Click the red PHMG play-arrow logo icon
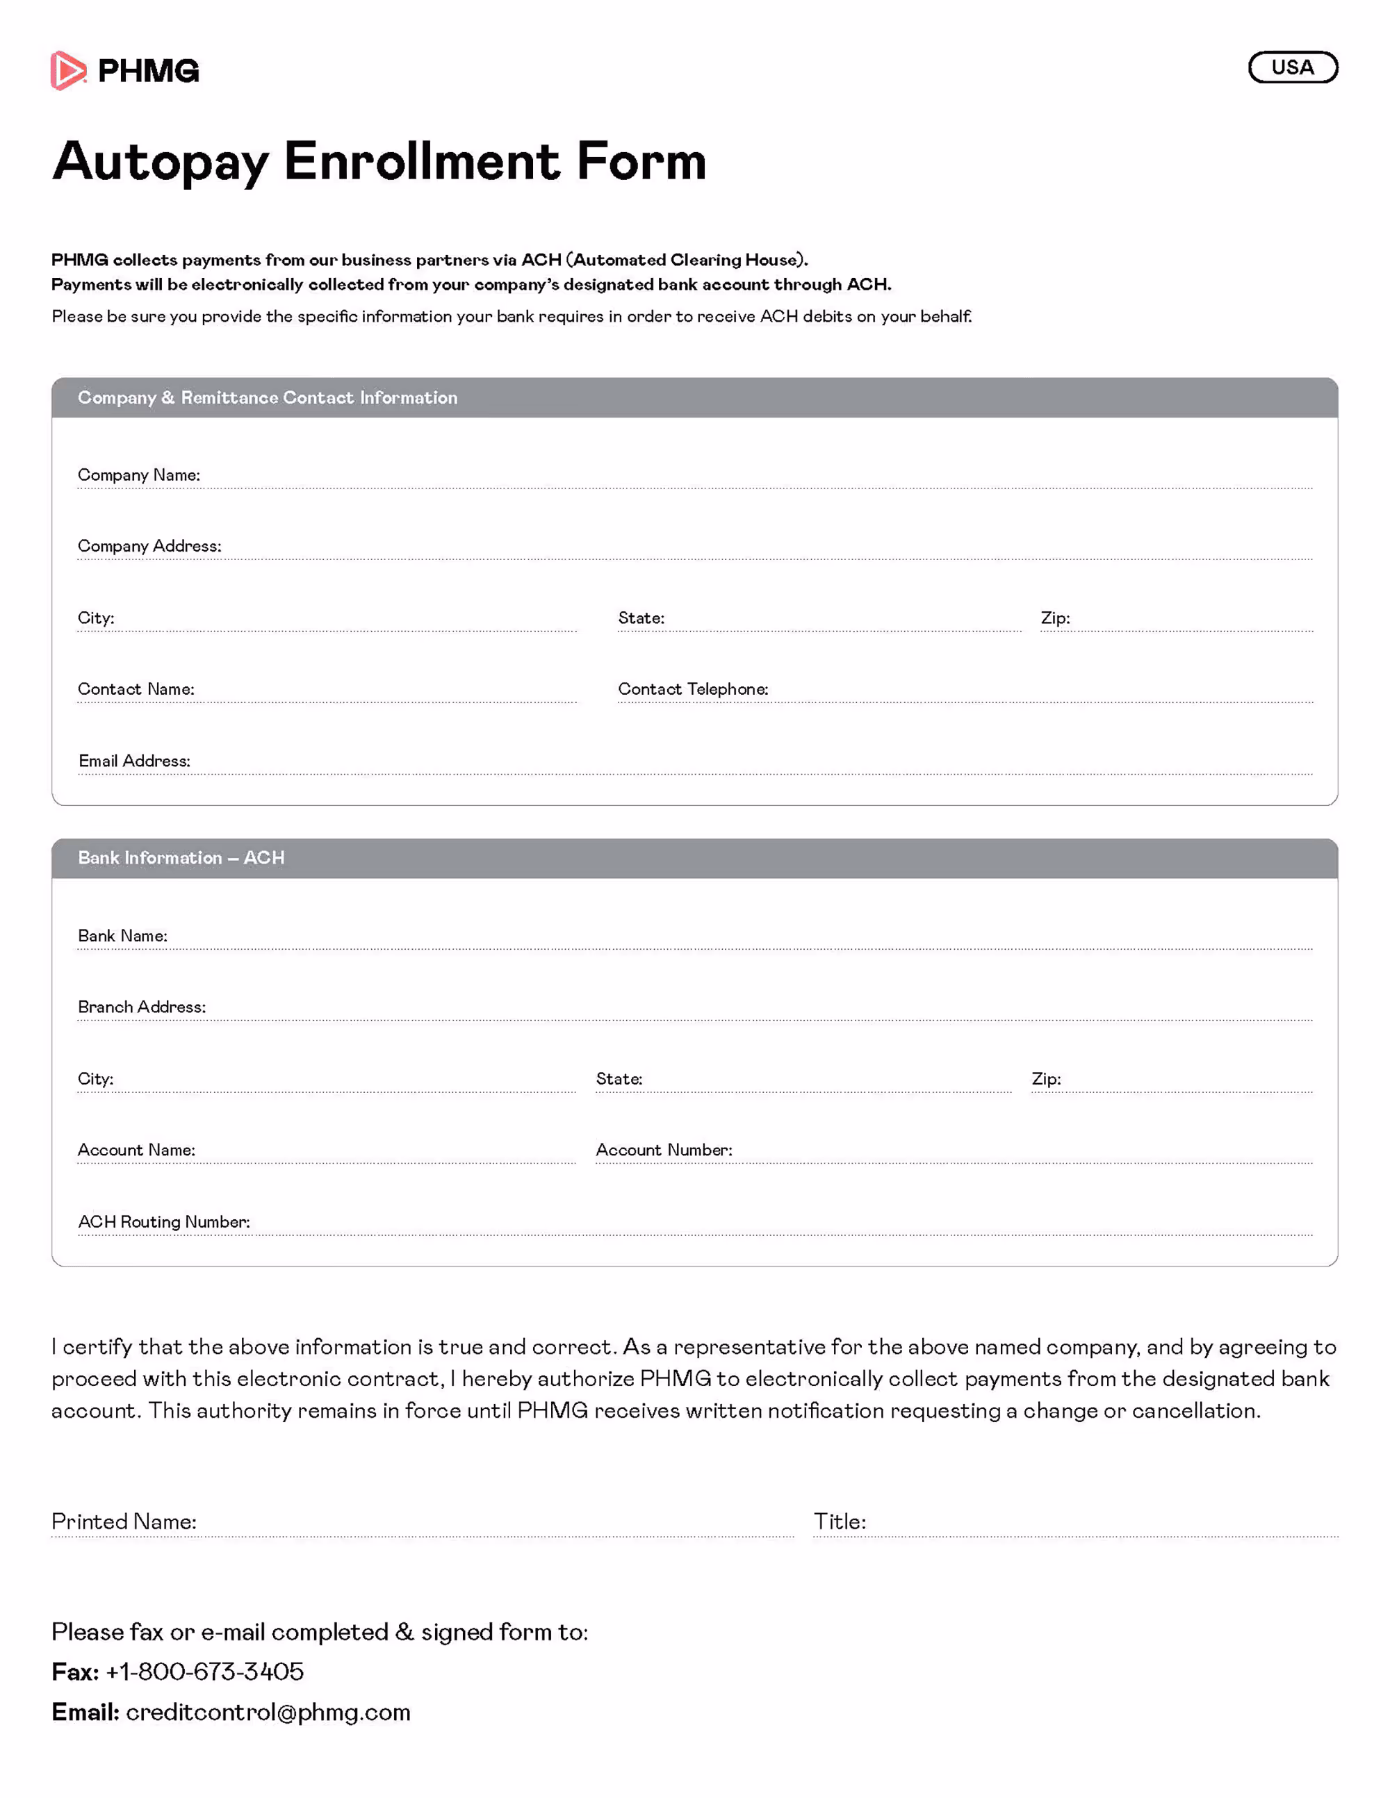tap(67, 71)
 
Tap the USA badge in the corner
tap(1292, 67)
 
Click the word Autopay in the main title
tap(161, 161)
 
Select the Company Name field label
tap(138, 475)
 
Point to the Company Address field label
tap(149, 546)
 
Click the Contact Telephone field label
tap(692, 689)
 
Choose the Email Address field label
tap(134, 761)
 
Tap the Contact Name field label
tap(136, 689)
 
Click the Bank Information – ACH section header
tap(181, 858)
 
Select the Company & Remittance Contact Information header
tap(268, 397)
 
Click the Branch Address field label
tap(142, 1007)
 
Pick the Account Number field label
tap(664, 1150)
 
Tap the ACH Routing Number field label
tap(164, 1222)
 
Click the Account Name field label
tap(136, 1150)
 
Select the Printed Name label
tap(124, 1521)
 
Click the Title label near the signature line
tap(839, 1521)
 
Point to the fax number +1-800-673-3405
tap(204, 1672)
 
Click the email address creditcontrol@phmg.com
tap(268, 1713)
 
